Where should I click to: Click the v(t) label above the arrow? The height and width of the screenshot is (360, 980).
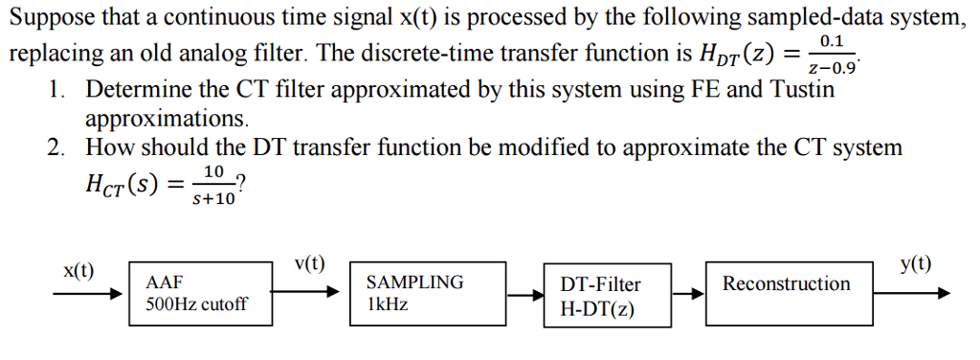pyautogui.click(x=308, y=264)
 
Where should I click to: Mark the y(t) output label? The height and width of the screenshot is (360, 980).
pyautogui.click(x=917, y=264)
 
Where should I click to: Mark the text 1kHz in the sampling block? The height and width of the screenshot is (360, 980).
pyautogui.click(x=386, y=304)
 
